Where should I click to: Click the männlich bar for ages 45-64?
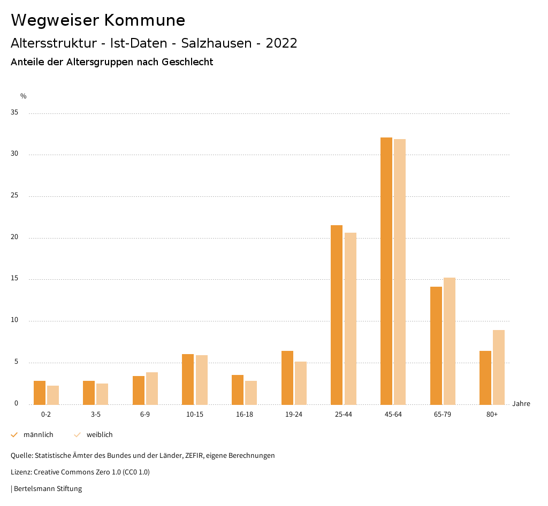[386, 271]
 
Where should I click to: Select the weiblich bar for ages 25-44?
[351, 318]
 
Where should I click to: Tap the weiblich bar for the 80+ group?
[499, 367]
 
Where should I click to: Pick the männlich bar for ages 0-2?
[40, 393]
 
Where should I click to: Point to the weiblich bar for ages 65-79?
[450, 341]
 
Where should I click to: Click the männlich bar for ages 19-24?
[287, 378]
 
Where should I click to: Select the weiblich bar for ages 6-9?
[152, 388]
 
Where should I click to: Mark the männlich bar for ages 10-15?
[188, 379]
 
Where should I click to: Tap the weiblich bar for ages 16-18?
[251, 393]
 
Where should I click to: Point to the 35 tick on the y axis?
[14, 113]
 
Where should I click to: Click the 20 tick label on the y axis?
[14, 237]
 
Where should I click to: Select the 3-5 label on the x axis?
[95, 415]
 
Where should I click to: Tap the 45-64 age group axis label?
[393, 415]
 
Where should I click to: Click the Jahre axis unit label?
[521, 404]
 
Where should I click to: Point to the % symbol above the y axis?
[24, 96]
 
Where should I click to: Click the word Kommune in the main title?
[144, 20]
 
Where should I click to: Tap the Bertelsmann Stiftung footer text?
[48, 489]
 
